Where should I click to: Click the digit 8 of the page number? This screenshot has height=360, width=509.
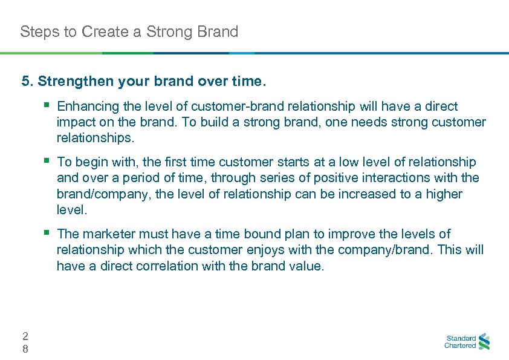click(x=24, y=349)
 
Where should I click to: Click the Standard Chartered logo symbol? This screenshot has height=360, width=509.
click(x=484, y=342)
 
